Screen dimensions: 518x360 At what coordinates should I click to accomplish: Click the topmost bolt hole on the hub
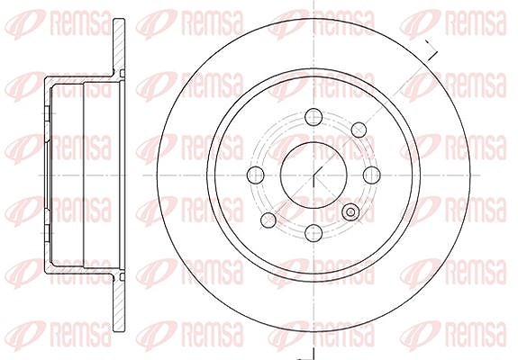tap(314, 117)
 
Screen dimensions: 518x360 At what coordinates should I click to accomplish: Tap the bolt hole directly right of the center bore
tap(372, 175)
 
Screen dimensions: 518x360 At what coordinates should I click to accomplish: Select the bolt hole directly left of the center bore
tap(256, 175)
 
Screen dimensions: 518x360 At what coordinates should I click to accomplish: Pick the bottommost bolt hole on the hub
tap(314, 233)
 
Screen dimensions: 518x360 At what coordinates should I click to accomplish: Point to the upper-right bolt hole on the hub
tap(359, 130)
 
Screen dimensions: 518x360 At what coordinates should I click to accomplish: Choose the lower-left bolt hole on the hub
tap(268, 220)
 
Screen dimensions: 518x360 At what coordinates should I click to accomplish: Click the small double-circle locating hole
tap(350, 212)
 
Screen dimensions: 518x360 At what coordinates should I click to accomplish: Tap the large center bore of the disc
tap(314, 175)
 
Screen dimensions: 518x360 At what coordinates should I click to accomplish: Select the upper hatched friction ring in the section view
tap(119, 46)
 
